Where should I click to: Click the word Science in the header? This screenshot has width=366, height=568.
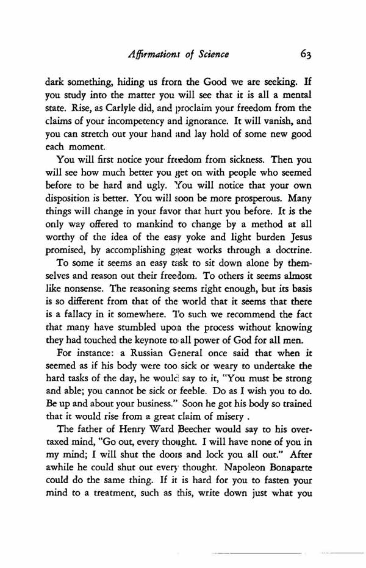[209, 55]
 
